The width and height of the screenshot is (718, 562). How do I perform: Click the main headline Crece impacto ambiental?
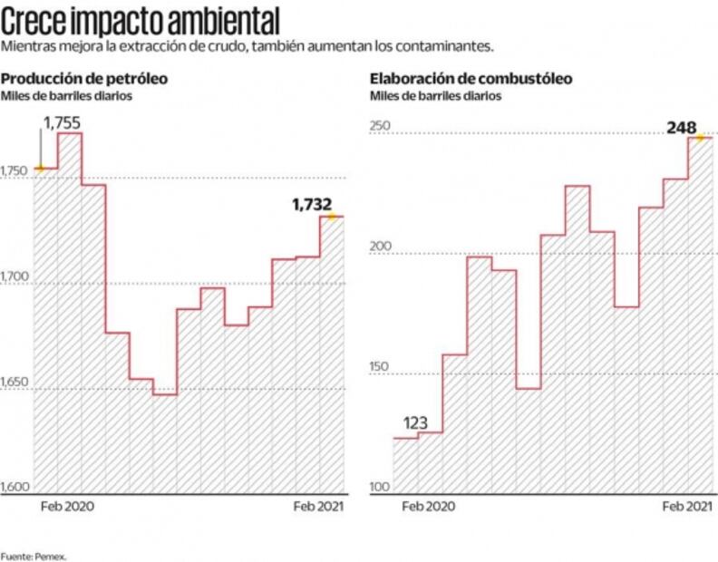140,18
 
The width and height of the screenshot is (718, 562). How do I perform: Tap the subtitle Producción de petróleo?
75,78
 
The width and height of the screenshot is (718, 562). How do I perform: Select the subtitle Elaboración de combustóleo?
471,78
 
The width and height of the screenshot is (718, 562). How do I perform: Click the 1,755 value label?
62,121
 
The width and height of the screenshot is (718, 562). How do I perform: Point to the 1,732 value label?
312,205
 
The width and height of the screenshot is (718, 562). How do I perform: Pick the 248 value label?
681,128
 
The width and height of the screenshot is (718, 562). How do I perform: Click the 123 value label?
416,423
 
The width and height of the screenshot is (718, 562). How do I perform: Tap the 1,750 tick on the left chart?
15,170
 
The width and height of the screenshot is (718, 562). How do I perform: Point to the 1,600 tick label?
15,488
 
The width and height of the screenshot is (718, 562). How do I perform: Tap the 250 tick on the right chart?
379,127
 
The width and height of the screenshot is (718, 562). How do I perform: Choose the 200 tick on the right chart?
379,247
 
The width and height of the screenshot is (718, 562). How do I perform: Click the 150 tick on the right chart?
379,366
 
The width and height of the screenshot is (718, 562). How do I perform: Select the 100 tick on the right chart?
379,488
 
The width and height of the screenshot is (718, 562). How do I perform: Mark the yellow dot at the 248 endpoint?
699,138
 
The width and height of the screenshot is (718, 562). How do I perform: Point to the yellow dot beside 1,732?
333,216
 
